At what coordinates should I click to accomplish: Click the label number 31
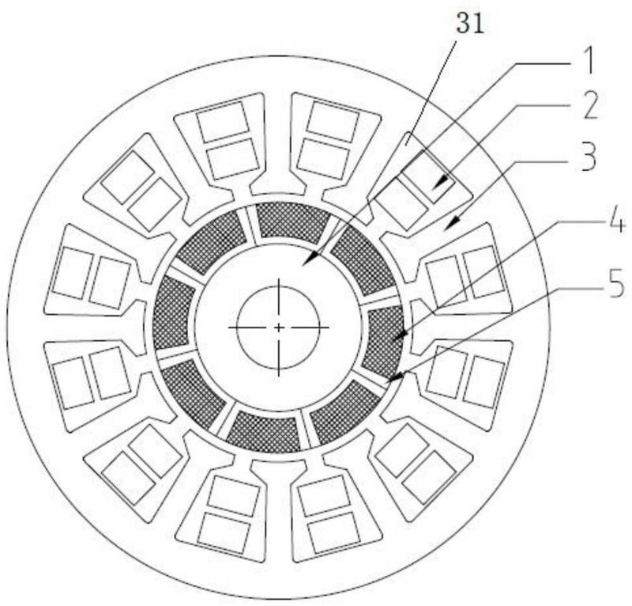pyautogui.click(x=469, y=24)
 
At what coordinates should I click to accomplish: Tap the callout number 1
pyautogui.click(x=589, y=62)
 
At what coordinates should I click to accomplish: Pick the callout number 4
pyautogui.click(x=616, y=221)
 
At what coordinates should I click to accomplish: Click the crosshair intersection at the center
pyautogui.click(x=279, y=328)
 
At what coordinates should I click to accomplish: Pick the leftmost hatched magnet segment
pyautogui.click(x=172, y=313)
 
